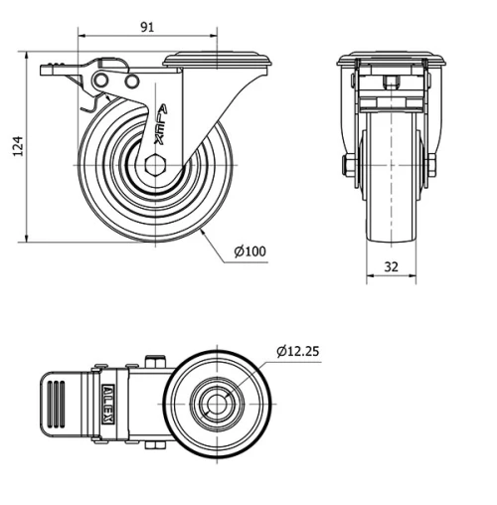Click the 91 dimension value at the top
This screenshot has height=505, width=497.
(x=147, y=27)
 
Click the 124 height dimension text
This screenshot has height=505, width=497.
(x=15, y=147)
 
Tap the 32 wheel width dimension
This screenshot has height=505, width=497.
(x=390, y=265)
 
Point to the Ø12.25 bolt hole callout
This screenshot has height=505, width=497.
(x=298, y=351)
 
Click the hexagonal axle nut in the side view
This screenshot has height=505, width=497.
(x=155, y=166)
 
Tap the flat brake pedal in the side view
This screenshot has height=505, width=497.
(x=60, y=70)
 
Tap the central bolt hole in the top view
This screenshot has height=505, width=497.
(x=216, y=402)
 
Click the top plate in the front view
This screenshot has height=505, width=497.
(x=390, y=60)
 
